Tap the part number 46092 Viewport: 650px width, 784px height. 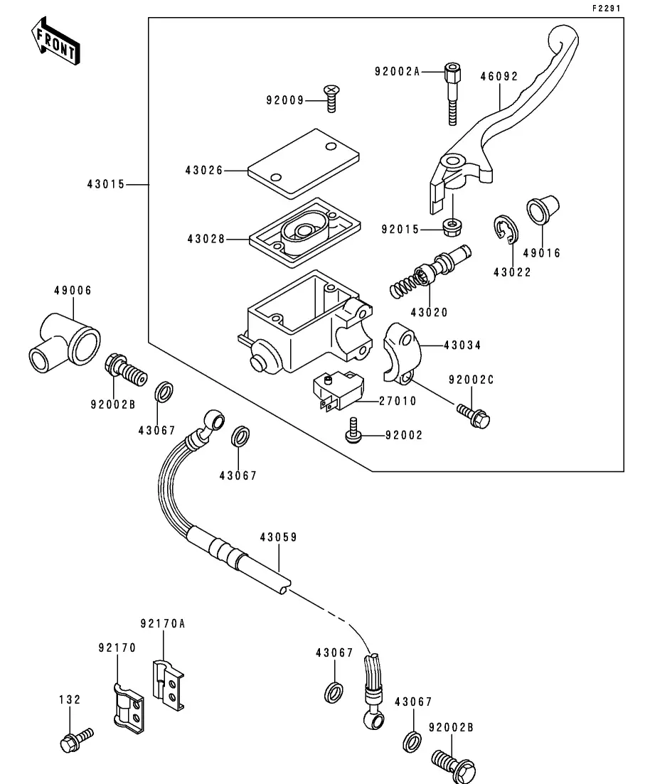click(499, 76)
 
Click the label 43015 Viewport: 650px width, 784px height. click(105, 184)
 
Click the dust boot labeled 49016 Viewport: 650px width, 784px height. click(543, 210)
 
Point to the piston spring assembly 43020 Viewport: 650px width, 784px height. click(430, 272)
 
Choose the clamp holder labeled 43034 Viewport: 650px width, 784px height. click(403, 352)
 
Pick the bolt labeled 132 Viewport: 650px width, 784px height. click(75, 739)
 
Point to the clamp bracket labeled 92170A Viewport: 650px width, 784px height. click(169, 683)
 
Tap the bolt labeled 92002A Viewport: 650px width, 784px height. click(452, 92)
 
